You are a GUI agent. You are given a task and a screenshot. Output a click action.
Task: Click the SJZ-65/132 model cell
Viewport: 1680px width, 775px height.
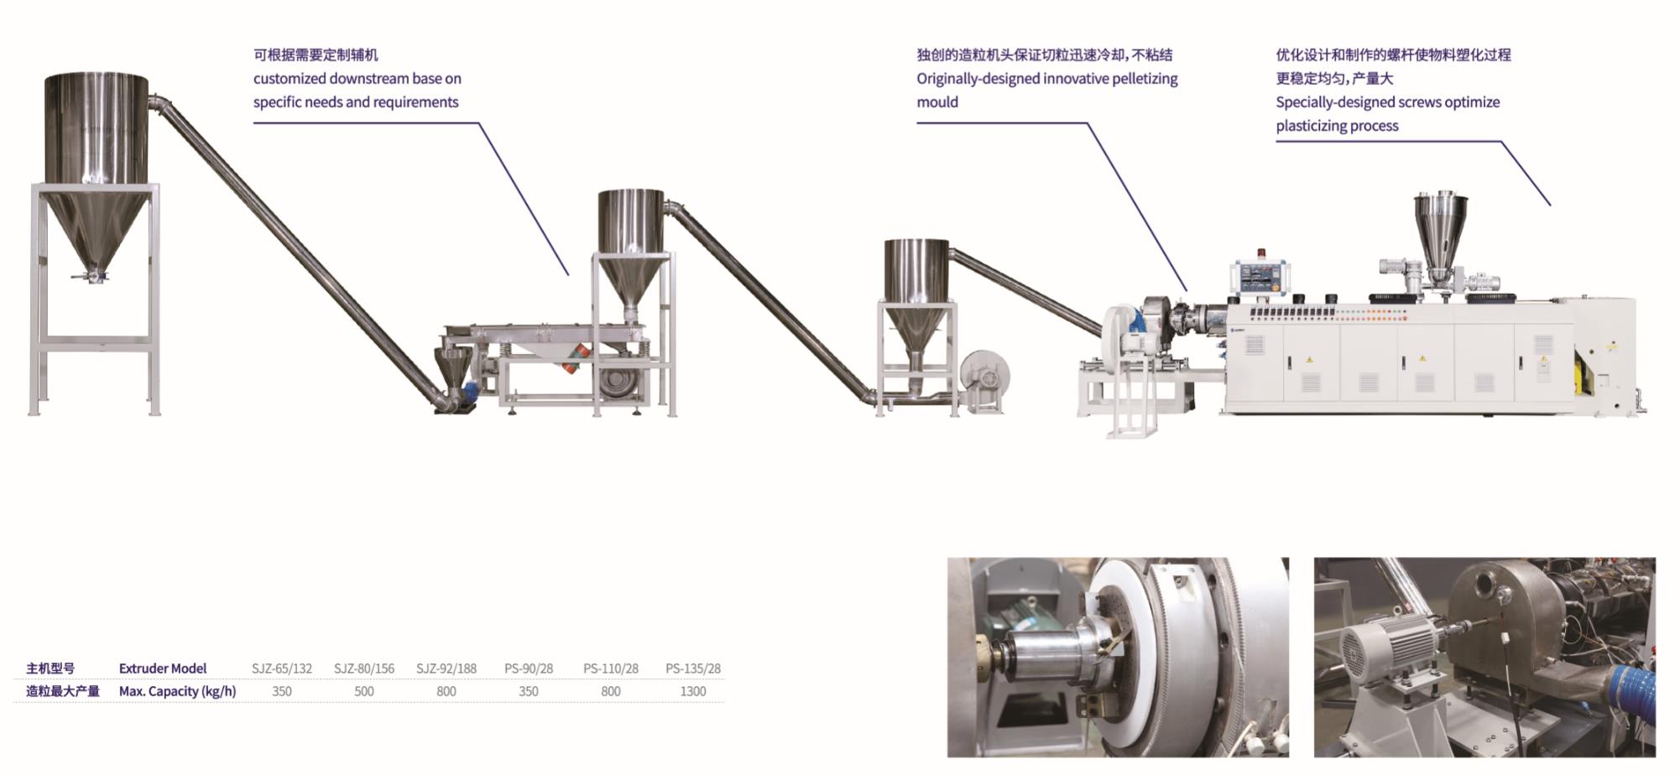(x=282, y=668)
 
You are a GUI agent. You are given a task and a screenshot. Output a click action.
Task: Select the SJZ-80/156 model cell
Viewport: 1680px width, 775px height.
(x=364, y=668)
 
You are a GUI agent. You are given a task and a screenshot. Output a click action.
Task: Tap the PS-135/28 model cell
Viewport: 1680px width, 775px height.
(x=693, y=668)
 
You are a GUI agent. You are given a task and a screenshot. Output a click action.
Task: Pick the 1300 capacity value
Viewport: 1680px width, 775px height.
(x=693, y=691)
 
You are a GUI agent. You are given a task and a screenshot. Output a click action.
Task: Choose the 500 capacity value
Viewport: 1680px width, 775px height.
(x=364, y=691)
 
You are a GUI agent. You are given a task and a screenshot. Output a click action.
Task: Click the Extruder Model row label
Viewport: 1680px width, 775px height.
(x=163, y=668)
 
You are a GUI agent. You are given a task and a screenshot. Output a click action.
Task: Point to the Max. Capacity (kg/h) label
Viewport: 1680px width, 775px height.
(x=178, y=691)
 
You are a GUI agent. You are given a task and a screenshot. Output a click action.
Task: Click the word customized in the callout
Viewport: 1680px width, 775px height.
(x=290, y=79)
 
